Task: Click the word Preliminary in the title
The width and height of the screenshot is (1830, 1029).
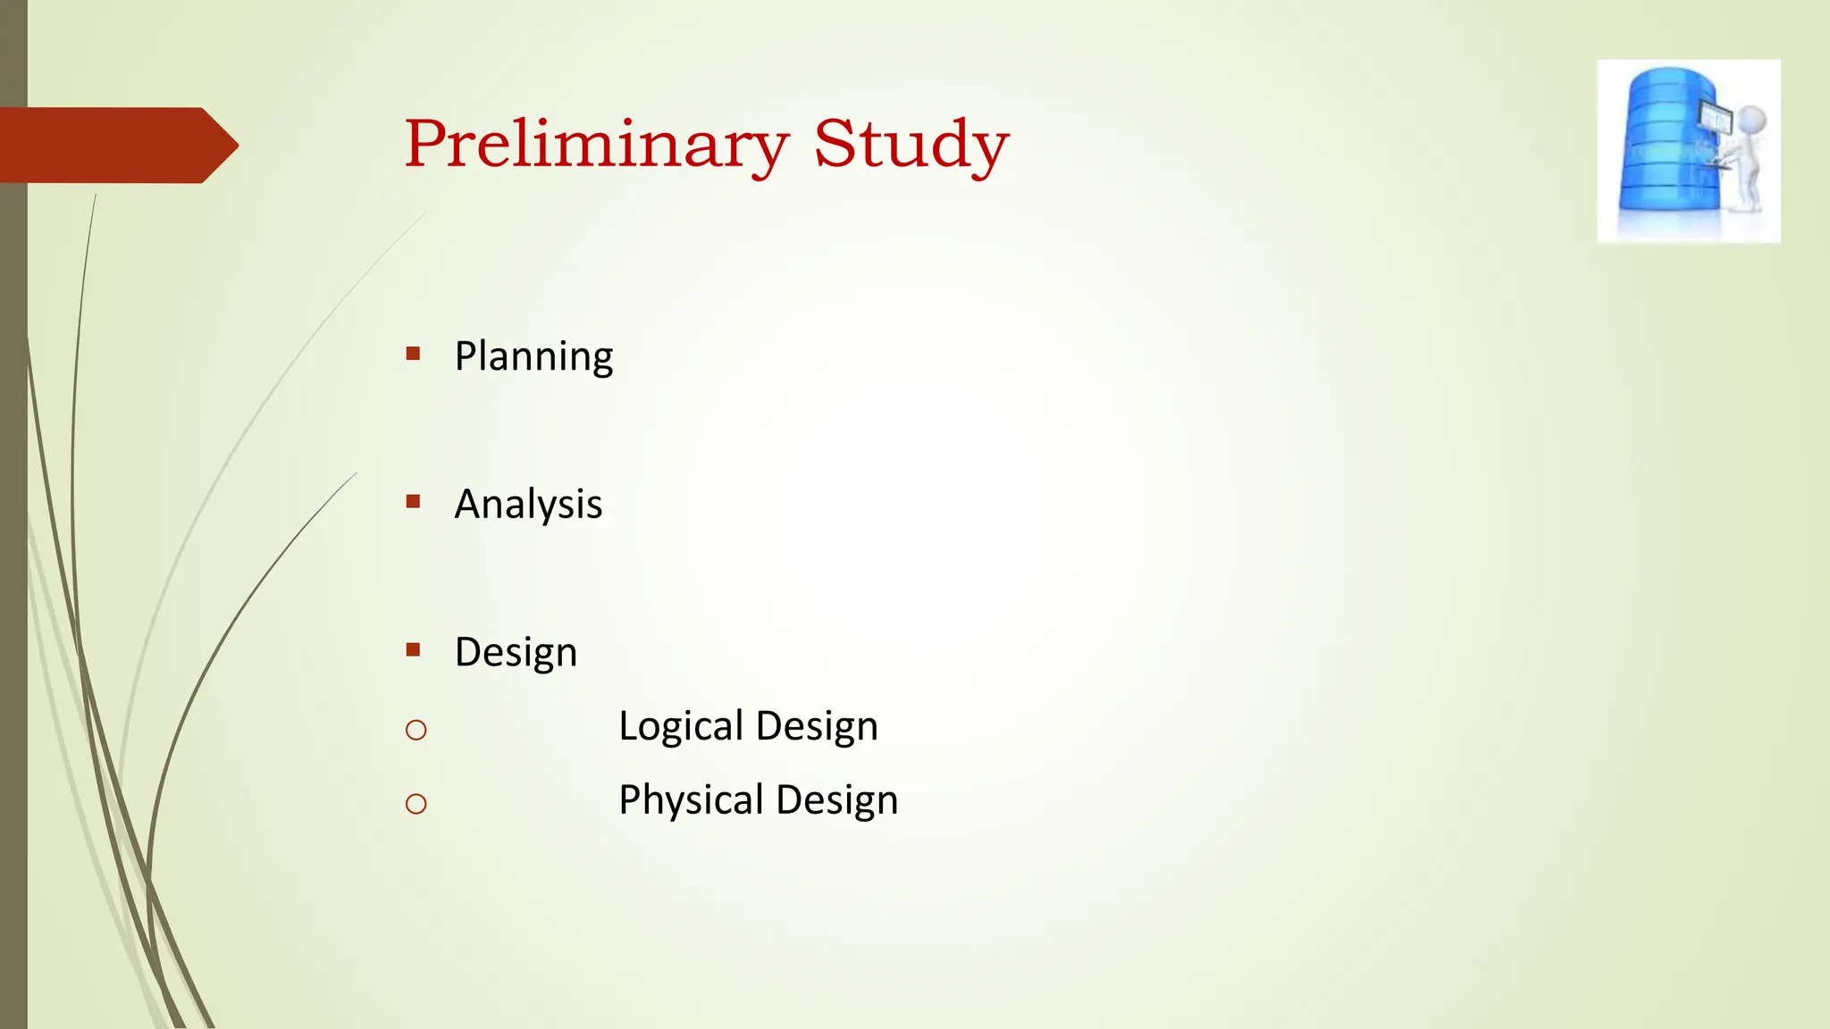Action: coord(596,145)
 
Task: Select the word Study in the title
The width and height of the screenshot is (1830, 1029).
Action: coord(911,145)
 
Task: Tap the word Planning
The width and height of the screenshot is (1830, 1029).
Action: coord(533,356)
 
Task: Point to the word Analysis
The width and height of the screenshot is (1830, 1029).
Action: coord(528,505)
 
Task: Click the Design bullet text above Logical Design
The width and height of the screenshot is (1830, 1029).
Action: coord(516,653)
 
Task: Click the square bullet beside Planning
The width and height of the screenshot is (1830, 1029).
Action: coord(413,354)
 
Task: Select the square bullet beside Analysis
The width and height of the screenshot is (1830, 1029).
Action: coord(413,502)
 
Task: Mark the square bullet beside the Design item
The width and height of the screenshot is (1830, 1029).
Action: coord(413,650)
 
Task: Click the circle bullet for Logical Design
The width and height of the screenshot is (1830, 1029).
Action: coord(416,731)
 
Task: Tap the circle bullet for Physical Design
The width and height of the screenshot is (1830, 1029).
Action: coord(416,805)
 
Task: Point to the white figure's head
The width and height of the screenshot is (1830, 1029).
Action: coord(1750,120)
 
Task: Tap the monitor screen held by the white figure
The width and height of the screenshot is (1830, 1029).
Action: coord(1716,116)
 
